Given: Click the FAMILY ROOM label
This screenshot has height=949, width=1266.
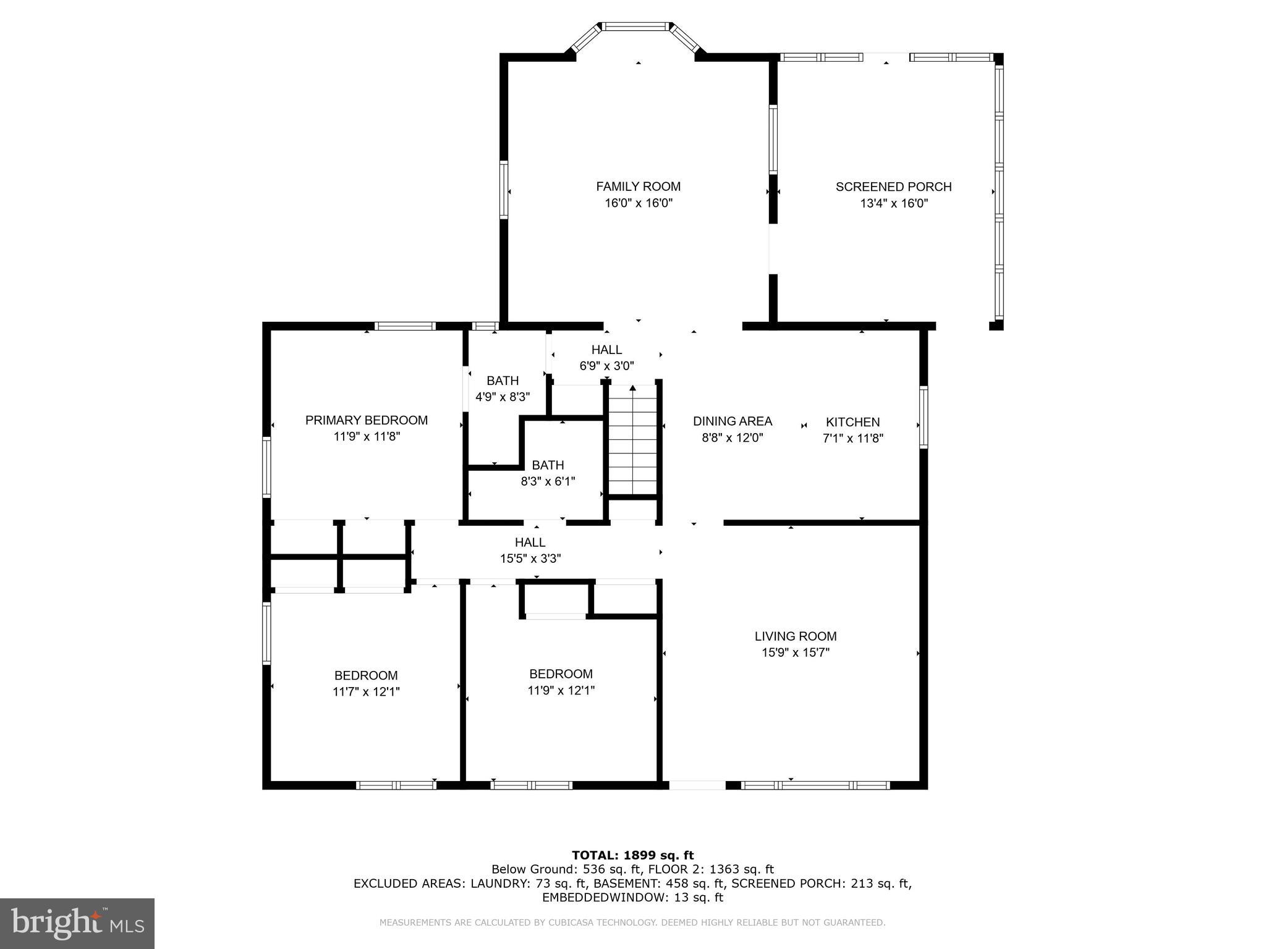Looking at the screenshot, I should (638, 187).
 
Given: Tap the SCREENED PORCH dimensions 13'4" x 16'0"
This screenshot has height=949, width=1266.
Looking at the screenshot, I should (893, 203).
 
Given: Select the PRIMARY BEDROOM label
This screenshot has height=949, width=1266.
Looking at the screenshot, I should (366, 420).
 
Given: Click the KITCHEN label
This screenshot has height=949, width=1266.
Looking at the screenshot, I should (852, 422).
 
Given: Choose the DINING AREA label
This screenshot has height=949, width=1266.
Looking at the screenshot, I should (732, 421).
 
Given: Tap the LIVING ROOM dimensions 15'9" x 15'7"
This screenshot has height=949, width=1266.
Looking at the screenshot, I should (795, 652).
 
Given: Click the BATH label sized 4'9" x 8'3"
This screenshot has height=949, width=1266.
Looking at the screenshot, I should (502, 381).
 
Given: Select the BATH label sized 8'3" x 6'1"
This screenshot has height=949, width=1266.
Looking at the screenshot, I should (548, 465).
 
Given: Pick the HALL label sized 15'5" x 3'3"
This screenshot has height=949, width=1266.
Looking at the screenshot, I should (530, 542).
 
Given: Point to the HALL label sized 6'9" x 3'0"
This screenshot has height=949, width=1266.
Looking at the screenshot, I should (606, 350).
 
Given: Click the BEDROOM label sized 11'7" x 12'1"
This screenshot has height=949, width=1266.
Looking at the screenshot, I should (366, 675).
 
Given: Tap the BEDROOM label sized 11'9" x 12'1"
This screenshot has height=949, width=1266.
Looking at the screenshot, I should (561, 674).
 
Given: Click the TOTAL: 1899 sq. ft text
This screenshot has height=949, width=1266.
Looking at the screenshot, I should (632, 855).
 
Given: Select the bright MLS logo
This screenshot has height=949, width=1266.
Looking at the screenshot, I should (77, 923).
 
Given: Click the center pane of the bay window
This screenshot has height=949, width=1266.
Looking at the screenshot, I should (637, 27).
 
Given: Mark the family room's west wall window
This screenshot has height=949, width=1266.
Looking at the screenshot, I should (504, 190).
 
